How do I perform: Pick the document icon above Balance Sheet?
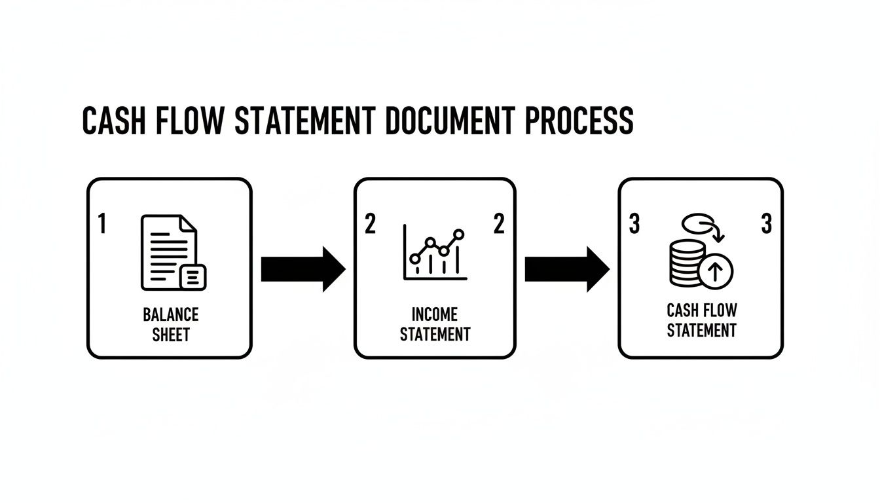(170, 252)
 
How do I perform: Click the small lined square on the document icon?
(192, 277)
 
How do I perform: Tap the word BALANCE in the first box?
(170, 314)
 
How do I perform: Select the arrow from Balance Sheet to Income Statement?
(302, 269)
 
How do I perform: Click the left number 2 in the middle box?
(370, 225)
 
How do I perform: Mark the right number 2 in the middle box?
(499, 225)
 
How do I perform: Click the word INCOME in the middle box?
(435, 314)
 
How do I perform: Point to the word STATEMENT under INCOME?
(435, 334)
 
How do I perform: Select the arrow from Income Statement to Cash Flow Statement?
(567, 269)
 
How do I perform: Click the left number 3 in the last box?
(634, 225)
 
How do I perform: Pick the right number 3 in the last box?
(767, 225)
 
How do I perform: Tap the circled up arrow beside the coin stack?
(716, 270)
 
